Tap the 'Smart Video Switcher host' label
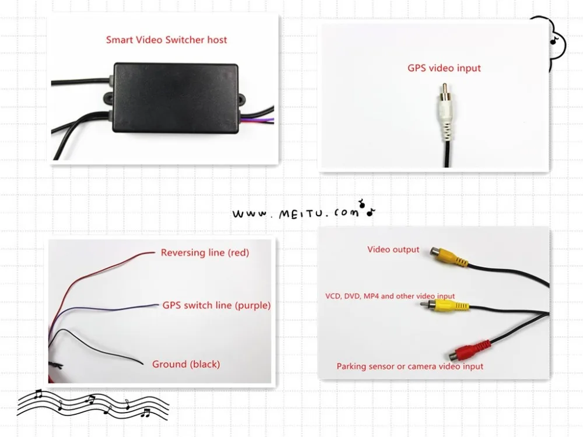pyautogui.click(x=166, y=40)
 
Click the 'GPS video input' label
pyautogui.click(x=444, y=68)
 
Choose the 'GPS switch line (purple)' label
pyautogui.click(x=216, y=305)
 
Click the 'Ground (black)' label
pyautogui.click(x=186, y=364)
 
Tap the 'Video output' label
pyautogui.click(x=393, y=249)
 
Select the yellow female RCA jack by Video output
pyautogui.click(x=449, y=256)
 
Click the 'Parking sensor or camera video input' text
pyautogui.click(x=410, y=366)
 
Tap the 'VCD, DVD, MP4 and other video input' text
pyautogui.click(x=390, y=296)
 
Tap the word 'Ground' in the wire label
pyautogui.click(x=168, y=364)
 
